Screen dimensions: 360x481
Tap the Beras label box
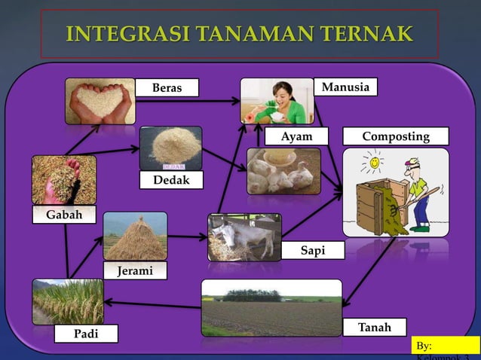(x=167, y=88)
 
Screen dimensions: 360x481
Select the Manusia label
(x=345, y=87)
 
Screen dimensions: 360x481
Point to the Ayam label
(x=297, y=136)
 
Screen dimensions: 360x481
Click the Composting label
(x=395, y=136)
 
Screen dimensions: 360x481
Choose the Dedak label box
(x=171, y=180)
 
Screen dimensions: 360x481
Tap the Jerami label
(x=135, y=270)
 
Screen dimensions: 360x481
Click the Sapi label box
(x=313, y=251)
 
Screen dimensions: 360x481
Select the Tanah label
(x=374, y=328)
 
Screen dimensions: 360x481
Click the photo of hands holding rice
(x=100, y=101)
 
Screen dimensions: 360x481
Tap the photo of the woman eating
(x=277, y=100)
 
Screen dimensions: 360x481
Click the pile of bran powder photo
(x=170, y=148)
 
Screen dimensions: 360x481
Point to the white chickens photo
(x=283, y=171)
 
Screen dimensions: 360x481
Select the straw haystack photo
(x=135, y=236)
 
